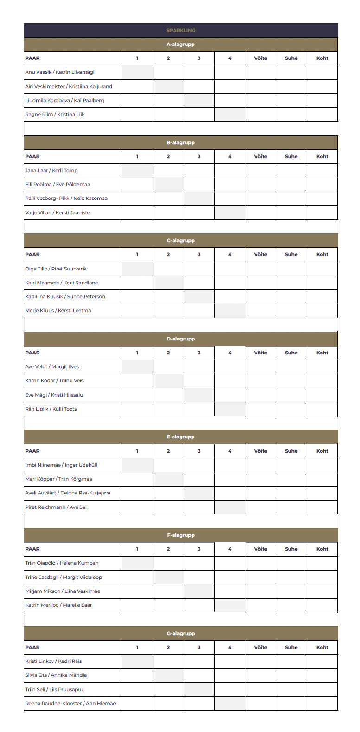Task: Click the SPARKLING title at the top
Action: point(180,30)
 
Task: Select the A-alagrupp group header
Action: point(180,45)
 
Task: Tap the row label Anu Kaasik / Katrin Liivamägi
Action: point(60,72)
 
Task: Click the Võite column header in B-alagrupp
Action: point(260,157)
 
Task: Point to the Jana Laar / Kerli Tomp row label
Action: point(51,171)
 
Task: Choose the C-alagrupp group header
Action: point(180,241)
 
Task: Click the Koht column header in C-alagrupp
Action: point(322,255)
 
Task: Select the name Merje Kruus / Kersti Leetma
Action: point(58,311)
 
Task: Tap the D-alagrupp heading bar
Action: point(180,339)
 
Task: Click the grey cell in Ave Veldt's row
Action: point(137,367)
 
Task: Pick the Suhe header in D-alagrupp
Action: point(291,353)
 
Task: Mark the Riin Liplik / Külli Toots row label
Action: point(51,409)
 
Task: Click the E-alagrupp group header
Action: point(180,437)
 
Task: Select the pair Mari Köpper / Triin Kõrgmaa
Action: point(58,479)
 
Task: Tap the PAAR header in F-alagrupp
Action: point(32,549)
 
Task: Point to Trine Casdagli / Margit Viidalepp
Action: point(64,578)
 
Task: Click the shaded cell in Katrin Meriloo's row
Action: point(230,605)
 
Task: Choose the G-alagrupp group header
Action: point(180,634)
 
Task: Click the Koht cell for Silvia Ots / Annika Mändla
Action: point(322,675)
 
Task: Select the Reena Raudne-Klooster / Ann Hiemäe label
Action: point(71,704)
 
